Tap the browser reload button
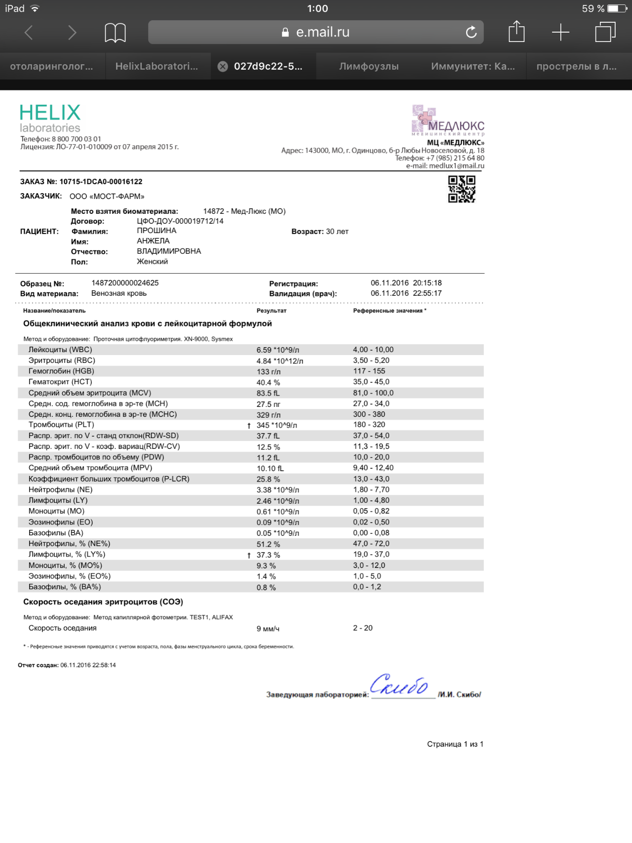[471, 32]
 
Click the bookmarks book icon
[115, 33]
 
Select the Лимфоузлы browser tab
[369, 67]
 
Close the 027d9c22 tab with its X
[223, 67]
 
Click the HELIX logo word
[50, 113]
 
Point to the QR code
[462, 189]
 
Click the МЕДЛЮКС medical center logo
[448, 120]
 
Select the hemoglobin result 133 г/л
[269, 372]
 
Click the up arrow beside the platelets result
[249, 426]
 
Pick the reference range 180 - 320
[369, 425]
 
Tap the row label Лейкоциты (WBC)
[60, 350]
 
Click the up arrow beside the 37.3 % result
[249, 556]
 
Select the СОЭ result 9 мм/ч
[268, 629]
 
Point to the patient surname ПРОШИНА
[157, 231]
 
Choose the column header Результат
[272, 311]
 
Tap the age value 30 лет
[337, 232]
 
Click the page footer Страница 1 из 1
[455, 744]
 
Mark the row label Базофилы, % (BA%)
[65, 587]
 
